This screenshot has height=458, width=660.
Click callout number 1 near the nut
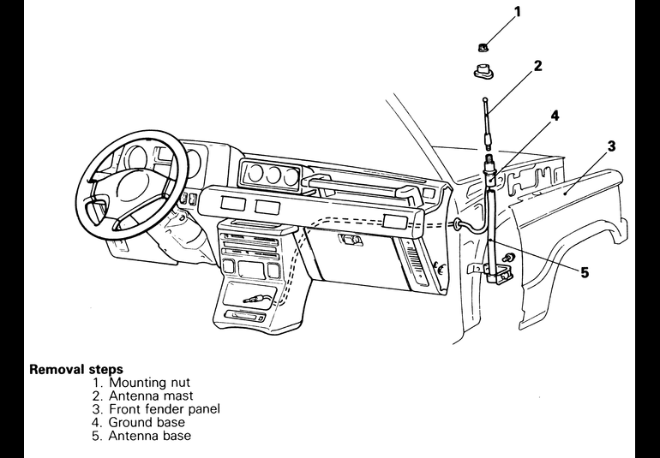tap(518, 12)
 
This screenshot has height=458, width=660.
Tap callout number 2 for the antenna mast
tap(537, 66)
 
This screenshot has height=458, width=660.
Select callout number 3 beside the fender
tap(611, 146)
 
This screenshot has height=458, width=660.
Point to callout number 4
tap(555, 116)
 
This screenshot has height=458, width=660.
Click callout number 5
tap(585, 272)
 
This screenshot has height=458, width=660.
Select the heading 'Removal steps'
tap(76, 369)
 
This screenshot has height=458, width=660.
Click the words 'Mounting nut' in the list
tap(149, 383)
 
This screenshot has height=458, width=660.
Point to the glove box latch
tap(351, 241)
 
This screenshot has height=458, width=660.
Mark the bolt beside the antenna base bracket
tap(509, 258)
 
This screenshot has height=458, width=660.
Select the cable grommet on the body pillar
tap(457, 223)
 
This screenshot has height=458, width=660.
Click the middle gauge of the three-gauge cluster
tap(273, 175)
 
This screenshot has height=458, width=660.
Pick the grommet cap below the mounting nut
tap(483, 71)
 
